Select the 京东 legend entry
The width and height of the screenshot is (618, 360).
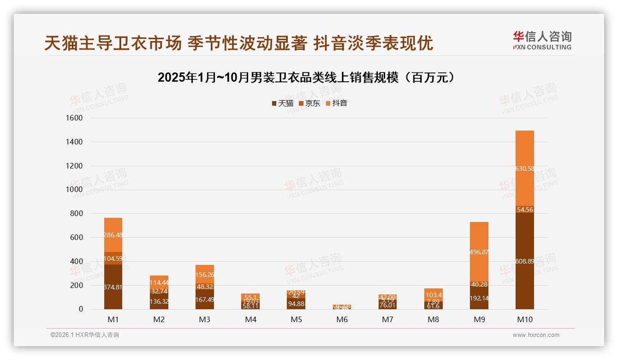coord(309,103)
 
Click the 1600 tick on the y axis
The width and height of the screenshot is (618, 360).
coord(74,118)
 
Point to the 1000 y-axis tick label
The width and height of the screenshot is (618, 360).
coord(74,190)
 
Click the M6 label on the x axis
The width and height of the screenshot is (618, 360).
coord(342,319)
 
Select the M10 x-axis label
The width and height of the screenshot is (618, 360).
coord(524,319)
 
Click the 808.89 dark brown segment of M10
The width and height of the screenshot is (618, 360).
coord(524,261)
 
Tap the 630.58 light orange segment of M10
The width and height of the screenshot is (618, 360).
coord(524,168)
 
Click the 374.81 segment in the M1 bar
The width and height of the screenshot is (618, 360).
coord(113,287)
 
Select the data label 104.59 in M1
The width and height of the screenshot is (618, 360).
coord(113,258)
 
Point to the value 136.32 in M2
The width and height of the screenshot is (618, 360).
coord(159,301)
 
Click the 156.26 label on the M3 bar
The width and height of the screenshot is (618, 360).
coord(204,275)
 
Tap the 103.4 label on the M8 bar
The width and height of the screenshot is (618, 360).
coord(433,295)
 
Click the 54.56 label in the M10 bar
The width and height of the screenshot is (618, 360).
coord(524,210)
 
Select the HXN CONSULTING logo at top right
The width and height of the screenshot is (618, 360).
coord(542,40)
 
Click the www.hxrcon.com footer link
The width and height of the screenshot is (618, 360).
coord(535,335)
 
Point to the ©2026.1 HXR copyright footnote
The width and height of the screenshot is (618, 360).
coord(85,335)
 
